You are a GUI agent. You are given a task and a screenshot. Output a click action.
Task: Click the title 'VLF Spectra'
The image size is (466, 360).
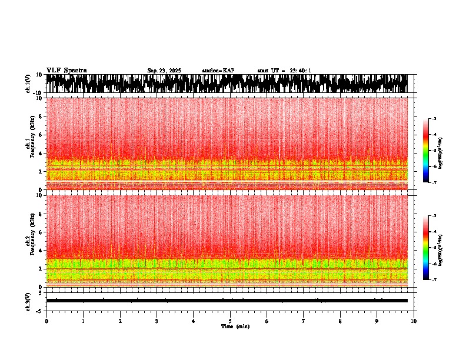pyautogui.click(x=66, y=71)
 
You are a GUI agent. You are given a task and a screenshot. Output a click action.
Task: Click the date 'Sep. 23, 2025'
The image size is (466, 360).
pyautogui.click(x=164, y=71)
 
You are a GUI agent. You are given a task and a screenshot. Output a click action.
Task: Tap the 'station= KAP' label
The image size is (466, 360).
pyautogui.click(x=218, y=71)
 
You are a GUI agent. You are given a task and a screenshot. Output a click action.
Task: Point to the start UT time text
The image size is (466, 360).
pyautogui.click(x=284, y=71)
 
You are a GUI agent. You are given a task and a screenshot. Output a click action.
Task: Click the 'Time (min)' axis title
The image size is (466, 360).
pyautogui.click(x=235, y=326)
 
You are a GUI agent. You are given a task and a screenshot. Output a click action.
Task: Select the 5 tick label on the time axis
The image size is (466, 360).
pyautogui.click(x=230, y=321)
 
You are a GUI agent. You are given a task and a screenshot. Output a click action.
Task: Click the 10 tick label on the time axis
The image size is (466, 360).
pyautogui.click(x=414, y=321)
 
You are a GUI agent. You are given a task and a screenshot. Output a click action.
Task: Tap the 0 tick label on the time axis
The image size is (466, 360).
pyautogui.click(x=46, y=321)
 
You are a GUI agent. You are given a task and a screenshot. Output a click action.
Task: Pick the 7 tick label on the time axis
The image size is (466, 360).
pyautogui.click(x=304, y=321)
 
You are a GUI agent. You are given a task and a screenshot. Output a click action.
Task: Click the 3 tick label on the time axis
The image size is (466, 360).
pyautogui.click(x=157, y=321)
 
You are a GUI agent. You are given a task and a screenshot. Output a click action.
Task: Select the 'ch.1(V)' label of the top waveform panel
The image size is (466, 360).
pyautogui.click(x=28, y=84)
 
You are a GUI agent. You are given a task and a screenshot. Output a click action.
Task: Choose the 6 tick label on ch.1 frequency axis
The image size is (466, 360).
pyautogui.click(x=41, y=135)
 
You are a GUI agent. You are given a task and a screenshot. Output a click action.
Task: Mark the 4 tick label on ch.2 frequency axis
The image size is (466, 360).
pyautogui.click(x=41, y=250)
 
